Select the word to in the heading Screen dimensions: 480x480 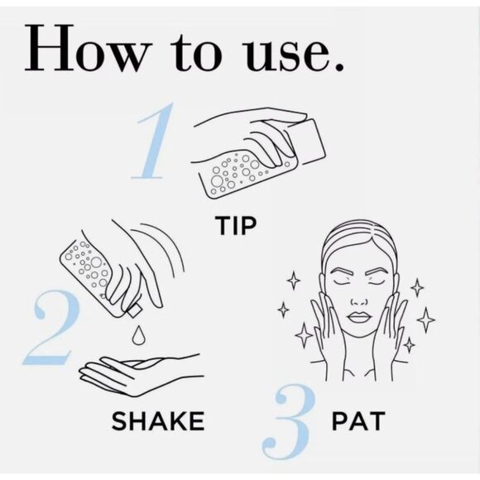[195, 51]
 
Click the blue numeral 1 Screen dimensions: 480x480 [151, 141]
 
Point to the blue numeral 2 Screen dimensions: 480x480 [50, 328]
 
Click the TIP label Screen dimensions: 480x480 [235, 226]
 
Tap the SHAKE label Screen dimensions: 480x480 [158, 421]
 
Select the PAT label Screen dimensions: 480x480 [358, 421]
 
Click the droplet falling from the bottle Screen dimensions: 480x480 [137, 334]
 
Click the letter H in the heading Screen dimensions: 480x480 [50, 48]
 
